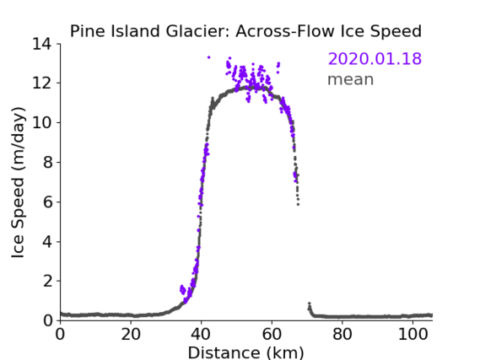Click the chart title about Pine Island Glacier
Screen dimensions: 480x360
(x=245, y=31)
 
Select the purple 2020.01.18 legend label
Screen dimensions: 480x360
(x=375, y=59)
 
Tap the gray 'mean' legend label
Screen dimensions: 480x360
(x=351, y=79)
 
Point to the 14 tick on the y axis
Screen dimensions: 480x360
(x=42, y=45)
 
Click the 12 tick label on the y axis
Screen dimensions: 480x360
(x=42, y=83)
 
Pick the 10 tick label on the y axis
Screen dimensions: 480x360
(x=42, y=122)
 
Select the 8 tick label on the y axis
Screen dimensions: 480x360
(x=47, y=162)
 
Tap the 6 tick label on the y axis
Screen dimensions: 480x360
(x=47, y=201)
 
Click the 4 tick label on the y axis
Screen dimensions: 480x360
(x=47, y=242)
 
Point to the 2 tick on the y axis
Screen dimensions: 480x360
(x=47, y=281)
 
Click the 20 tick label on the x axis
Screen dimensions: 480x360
(x=131, y=335)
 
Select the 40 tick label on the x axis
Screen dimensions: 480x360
(x=201, y=335)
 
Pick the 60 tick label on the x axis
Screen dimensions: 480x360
(x=272, y=335)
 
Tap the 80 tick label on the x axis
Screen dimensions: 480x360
(x=342, y=335)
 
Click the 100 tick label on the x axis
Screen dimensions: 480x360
(x=413, y=335)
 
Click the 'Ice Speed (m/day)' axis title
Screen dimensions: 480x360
(x=18, y=182)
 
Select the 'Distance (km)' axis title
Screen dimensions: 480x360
(x=245, y=352)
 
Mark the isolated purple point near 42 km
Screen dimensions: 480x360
(x=208, y=57)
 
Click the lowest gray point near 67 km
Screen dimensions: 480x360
(x=298, y=204)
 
